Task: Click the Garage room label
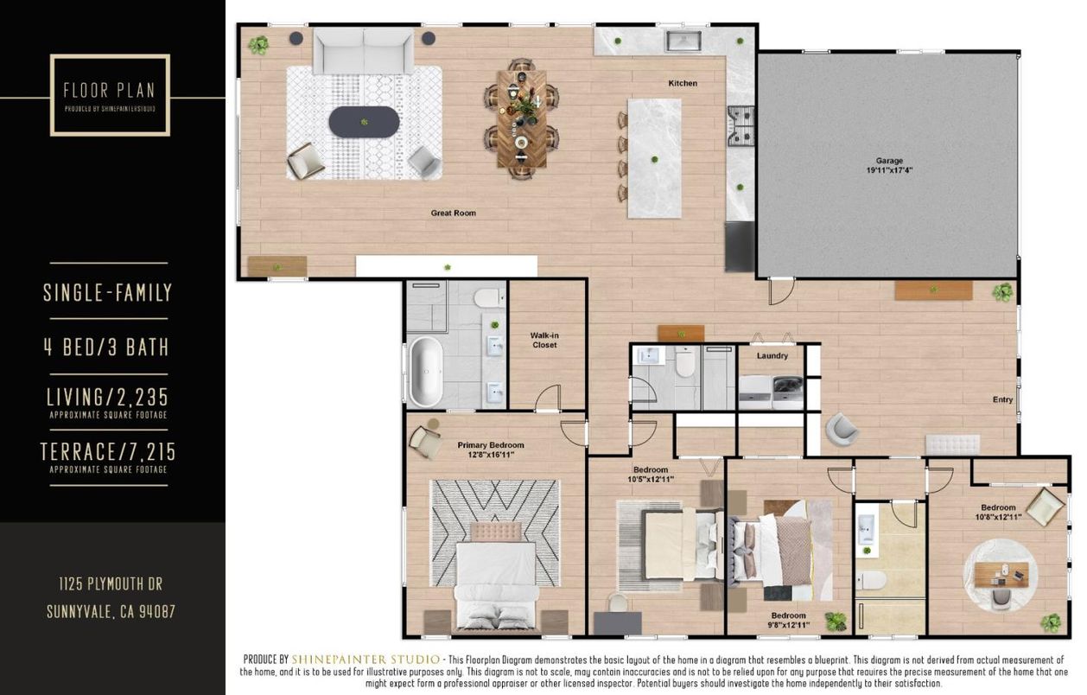tap(889, 165)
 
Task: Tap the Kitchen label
tap(683, 84)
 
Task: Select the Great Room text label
tap(454, 213)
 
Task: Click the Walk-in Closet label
tap(544, 340)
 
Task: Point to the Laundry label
tap(772, 355)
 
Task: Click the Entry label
tap(1002, 399)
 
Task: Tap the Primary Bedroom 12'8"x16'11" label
tap(491, 450)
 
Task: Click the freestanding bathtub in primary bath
tap(424, 372)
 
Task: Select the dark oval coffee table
tap(364, 122)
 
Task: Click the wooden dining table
tap(521, 118)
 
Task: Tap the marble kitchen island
tap(654, 158)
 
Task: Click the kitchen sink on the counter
tap(683, 40)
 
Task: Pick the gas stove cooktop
tap(741, 124)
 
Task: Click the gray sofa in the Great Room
tap(364, 51)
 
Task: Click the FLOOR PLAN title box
tap(110, 95)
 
